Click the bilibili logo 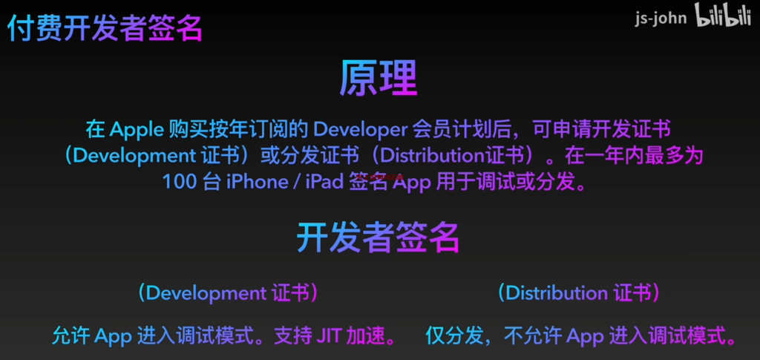coord(723,16)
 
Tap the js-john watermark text coord(661,19)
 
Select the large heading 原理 coord(379,79)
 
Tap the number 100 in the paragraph coord(178,182)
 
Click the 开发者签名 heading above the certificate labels coord(378,238)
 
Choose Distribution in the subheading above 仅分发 coord(557,293)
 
